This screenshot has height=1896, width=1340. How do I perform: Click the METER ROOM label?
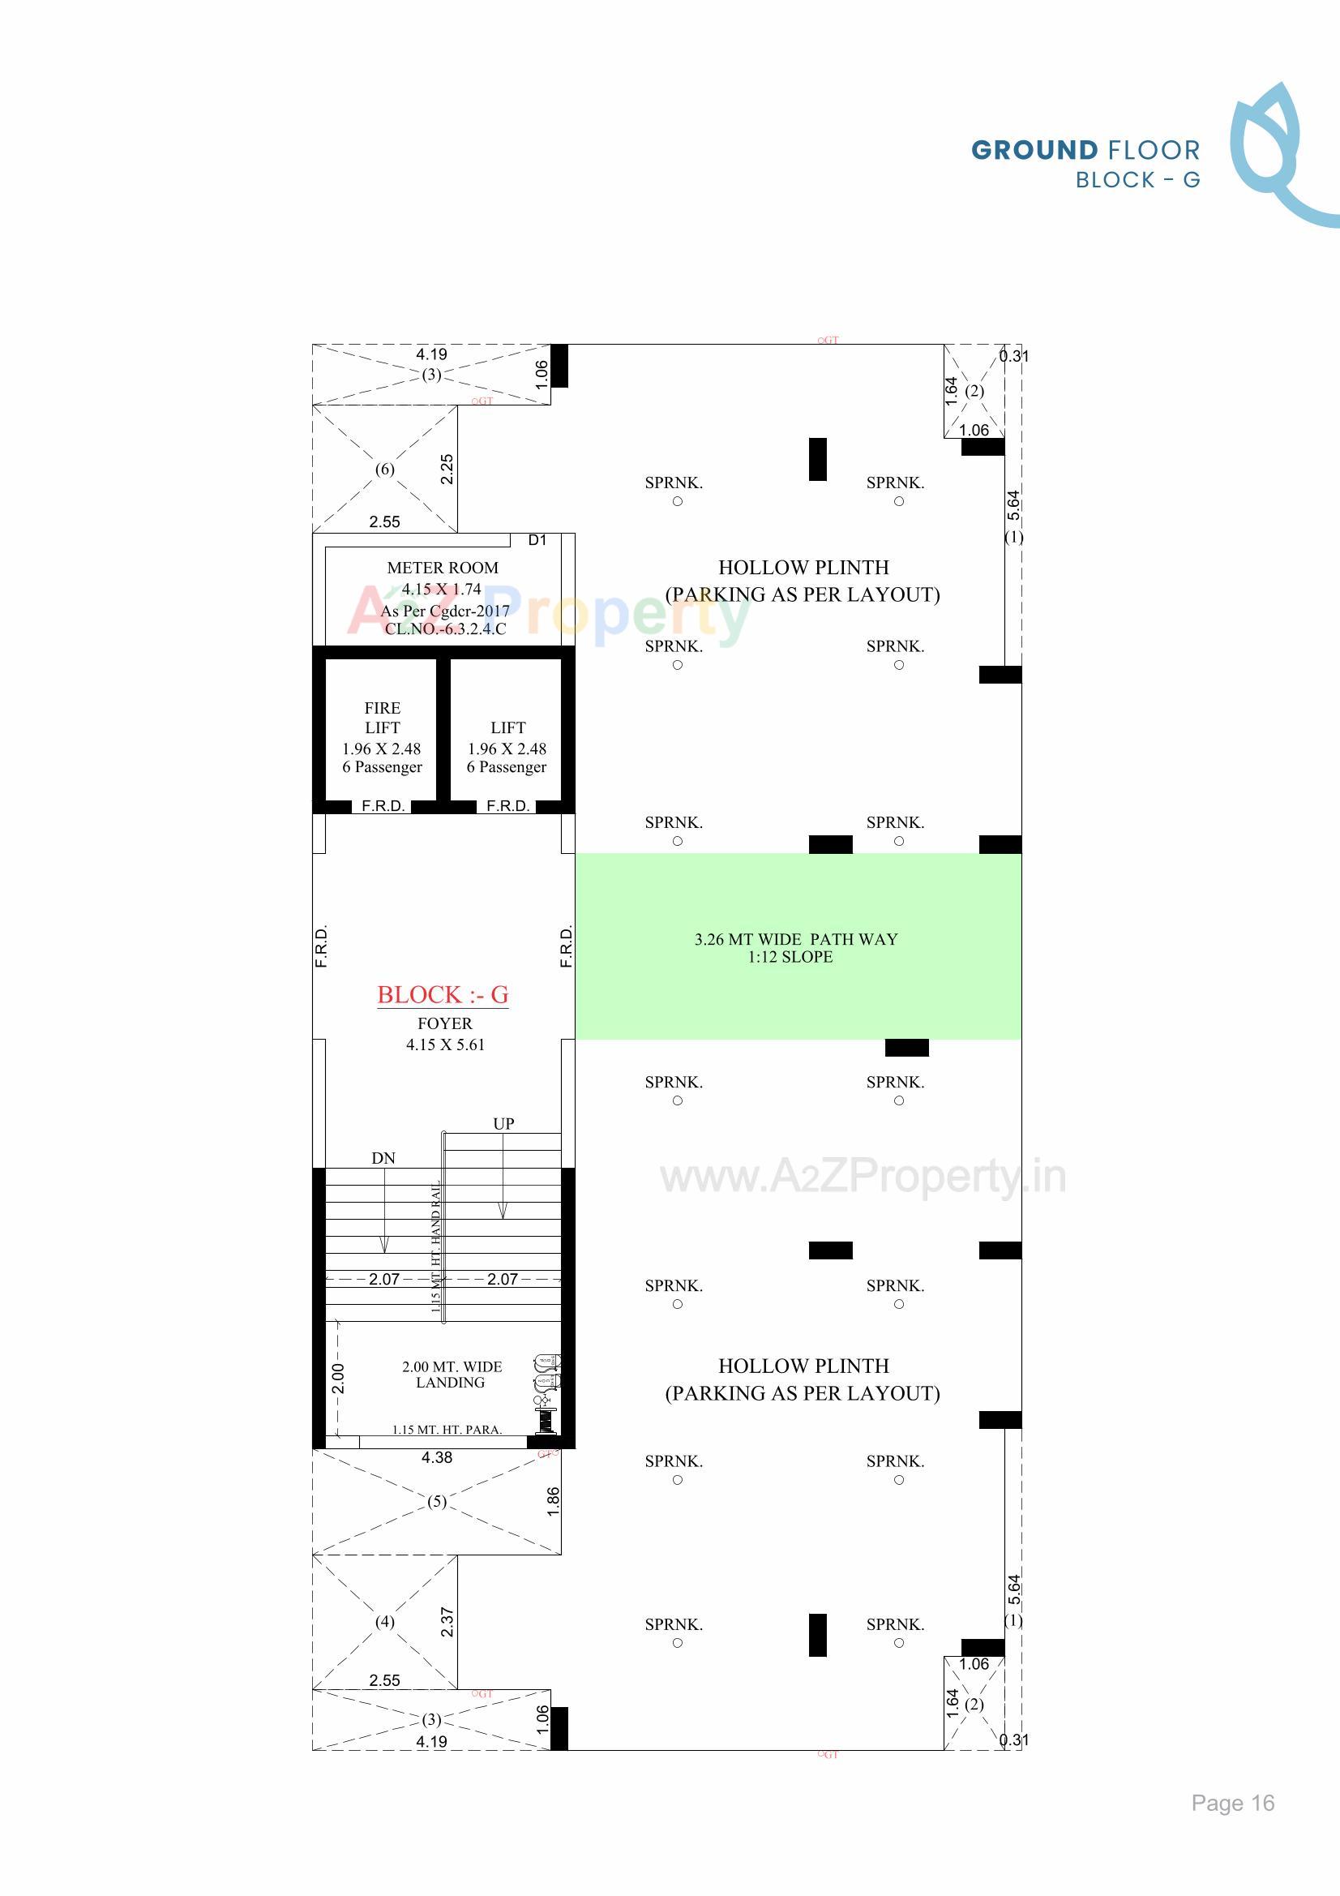point(443,568)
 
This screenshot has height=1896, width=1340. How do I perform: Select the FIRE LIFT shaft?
point(382,736)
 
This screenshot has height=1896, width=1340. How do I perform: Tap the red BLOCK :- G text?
point(443,994)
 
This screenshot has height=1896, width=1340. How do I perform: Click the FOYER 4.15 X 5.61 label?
point(445,1034)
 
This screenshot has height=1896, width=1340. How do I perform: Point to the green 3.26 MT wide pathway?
point(798,946)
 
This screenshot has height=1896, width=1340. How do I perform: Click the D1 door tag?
point(537,540)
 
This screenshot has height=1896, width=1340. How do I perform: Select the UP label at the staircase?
point(503,1123)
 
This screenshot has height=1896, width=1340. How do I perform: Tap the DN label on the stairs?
point(383,1158)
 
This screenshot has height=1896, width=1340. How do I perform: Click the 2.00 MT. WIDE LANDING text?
point(452,1374)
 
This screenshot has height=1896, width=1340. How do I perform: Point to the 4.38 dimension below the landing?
point(437,1457)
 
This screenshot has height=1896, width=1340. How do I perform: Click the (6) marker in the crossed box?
point(385,469)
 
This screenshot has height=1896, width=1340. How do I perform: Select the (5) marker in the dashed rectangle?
point(437,1501)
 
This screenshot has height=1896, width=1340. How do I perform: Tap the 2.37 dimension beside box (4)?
point(447,1622)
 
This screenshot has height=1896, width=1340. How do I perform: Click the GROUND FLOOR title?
point(1085,150)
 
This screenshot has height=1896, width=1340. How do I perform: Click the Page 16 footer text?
point(1232,1803)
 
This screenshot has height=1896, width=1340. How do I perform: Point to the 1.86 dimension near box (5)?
point(553,1500)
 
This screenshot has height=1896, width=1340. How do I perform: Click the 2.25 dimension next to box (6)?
point(447,469)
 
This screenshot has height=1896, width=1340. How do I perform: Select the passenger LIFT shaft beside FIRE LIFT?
point(507,736)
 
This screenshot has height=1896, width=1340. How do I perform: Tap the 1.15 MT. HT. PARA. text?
point(447,1430)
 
